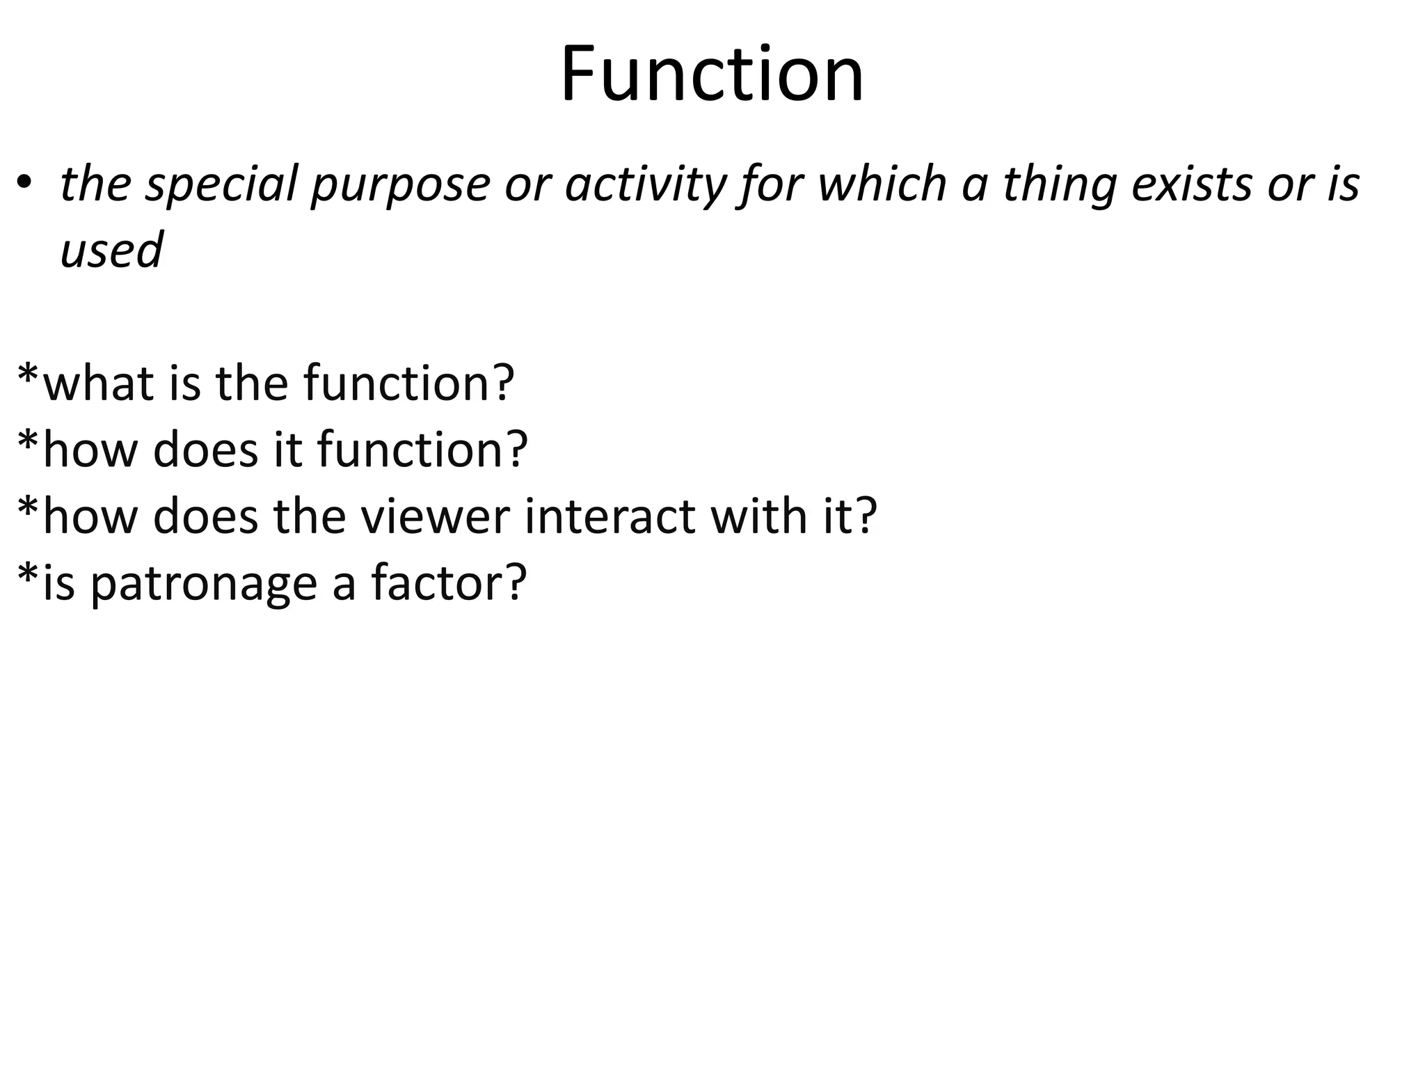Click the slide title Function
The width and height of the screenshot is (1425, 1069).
(712, 74)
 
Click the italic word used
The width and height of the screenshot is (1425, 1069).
(111, 250)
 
